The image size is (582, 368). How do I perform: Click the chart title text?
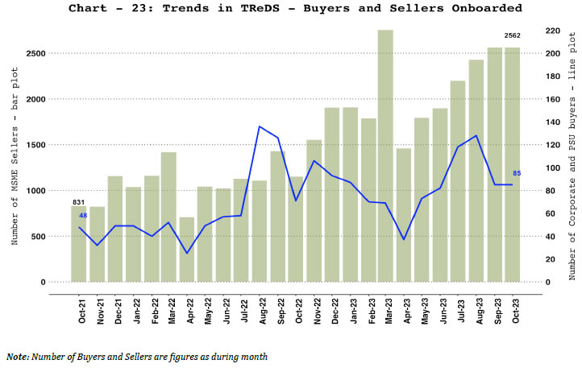click(x=295, y=9)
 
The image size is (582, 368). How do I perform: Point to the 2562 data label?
click(x=513, y=36)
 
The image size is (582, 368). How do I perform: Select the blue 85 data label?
click(x=516, y=173)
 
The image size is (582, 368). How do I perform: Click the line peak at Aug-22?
click(x=260, y=126)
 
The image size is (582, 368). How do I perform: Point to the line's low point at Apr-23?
click(x=404, y=239)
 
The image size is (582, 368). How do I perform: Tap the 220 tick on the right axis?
click(x=552, y=31)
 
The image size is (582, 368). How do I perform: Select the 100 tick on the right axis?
click(x=552, y=167)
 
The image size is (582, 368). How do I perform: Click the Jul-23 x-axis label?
click(x=459, y=311)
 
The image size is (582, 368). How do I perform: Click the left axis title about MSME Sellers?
click(x=15, y=156)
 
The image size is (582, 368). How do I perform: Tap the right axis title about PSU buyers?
click(x=572, y=156)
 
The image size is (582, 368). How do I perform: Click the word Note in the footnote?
click(x=16, y=356)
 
